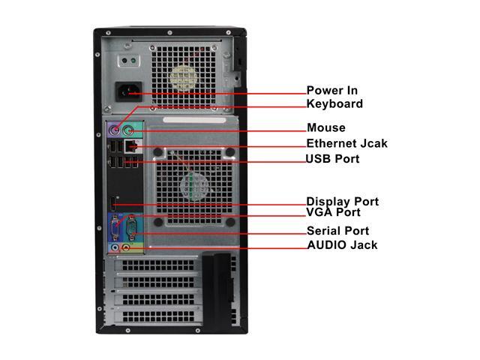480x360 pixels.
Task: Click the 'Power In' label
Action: pos(331,91)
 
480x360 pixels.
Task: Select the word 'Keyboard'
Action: pos(334,104)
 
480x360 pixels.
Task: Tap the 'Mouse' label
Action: pos(325,127)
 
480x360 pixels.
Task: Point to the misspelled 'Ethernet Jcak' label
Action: pos(346,143)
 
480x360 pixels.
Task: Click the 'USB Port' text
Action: pos(331,159)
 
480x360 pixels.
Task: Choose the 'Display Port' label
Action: pos(342,202)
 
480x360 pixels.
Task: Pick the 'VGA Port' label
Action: pos(333,213)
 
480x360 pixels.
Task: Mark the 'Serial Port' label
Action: pos(337,230)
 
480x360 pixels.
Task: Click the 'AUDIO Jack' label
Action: pos(342,245)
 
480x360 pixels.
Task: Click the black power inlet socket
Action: pos(128,93)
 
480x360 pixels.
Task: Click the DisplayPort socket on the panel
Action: pos(115,203)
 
